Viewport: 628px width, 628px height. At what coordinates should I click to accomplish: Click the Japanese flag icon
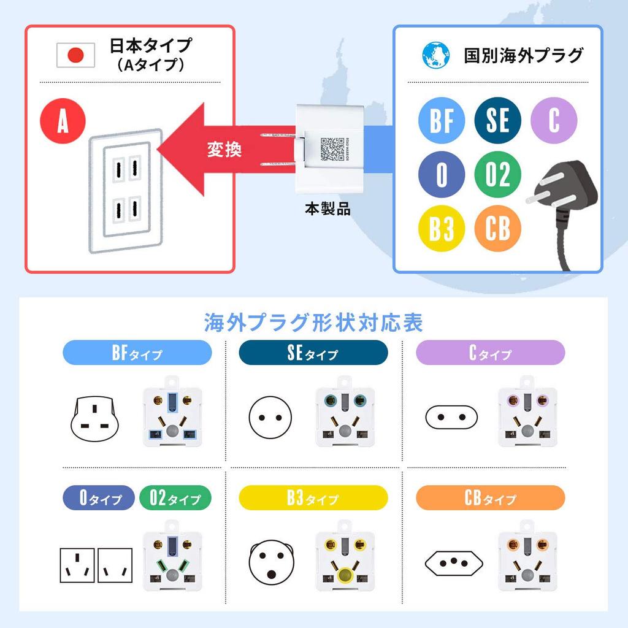click(76, 55)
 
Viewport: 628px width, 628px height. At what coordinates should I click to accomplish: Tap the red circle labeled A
click(63, 121)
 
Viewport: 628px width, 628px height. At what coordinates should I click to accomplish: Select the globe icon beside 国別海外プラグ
click(435, 55)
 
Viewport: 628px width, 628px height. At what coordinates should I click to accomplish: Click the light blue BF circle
click(441, 120)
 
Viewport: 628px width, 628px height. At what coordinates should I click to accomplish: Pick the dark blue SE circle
click(497, 120)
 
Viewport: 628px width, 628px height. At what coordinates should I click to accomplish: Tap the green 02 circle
click(497, 175)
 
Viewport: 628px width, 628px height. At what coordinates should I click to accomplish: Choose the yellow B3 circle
click(441, 229)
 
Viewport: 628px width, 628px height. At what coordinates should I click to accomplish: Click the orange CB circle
click(497, 229)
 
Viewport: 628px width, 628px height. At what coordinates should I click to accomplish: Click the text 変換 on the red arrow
click(224, 149)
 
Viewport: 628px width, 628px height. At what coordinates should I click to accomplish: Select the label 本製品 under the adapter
click(328, 209)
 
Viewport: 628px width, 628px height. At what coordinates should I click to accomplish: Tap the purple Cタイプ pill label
click(490, 353)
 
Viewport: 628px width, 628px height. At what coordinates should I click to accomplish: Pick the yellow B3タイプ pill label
click(313, 498)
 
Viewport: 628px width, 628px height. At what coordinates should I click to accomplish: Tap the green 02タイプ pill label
click(175, 498)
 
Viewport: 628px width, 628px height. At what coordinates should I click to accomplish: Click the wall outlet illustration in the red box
click(126, 190)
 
